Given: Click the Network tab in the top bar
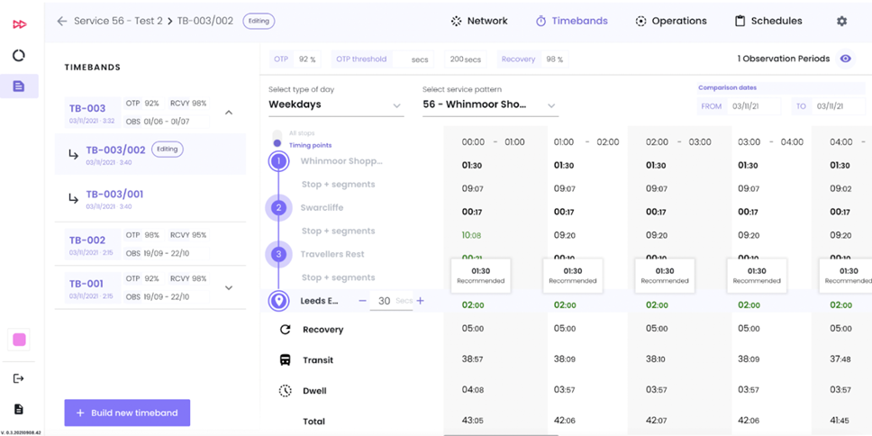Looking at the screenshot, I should click(x=479, y=21).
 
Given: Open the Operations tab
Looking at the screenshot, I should click(x=670, y=21).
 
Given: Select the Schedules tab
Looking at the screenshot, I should click(x=768, y=21).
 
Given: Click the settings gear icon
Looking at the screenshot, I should click(x=841, y=21).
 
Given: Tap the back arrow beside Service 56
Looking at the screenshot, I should click(x=62, y=21).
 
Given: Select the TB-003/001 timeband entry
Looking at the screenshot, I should click(x=114, y=195).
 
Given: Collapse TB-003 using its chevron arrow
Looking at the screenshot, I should click(x=229, y=113).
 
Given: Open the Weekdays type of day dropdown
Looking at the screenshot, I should click(x=335, y=104).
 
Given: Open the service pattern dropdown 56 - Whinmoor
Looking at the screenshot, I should click(x=489, y=104).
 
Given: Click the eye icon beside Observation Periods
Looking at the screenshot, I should click(x=845, y=59).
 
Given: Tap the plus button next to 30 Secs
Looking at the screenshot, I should click(x=420, y=301).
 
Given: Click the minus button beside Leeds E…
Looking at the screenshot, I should click(x=362, y=301).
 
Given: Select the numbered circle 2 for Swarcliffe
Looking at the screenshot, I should click(x=278, y=208).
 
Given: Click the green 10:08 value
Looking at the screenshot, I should click(x=471, y=235).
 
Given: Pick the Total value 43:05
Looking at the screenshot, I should click(x=472, y=421).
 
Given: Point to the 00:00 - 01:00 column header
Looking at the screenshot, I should click(x=493, y=142).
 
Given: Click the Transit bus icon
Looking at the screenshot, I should click(x=285, y=360).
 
